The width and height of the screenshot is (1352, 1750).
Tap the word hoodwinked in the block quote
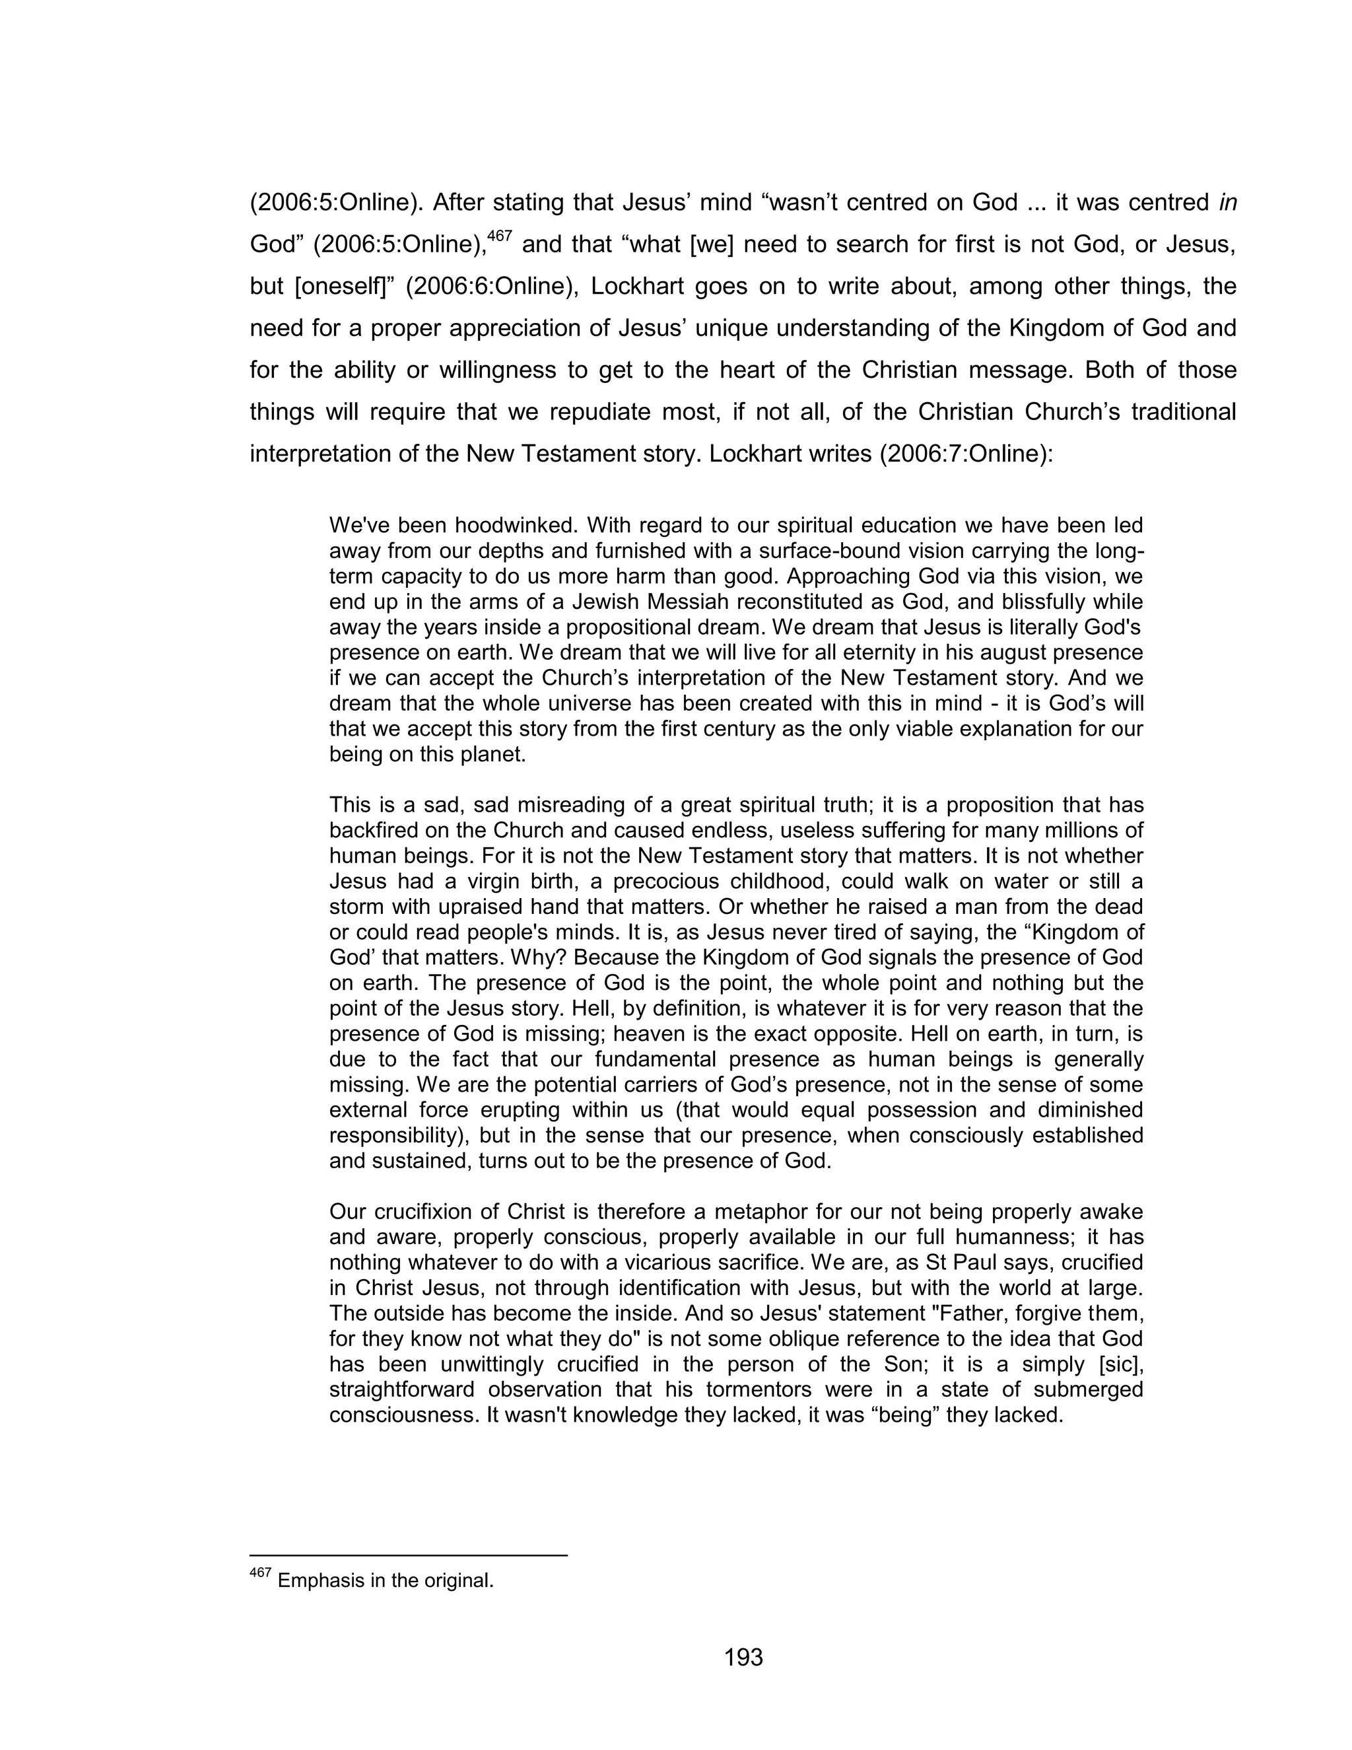(x=515, y=526)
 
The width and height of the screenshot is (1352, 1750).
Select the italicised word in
(x=1228, y=203)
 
